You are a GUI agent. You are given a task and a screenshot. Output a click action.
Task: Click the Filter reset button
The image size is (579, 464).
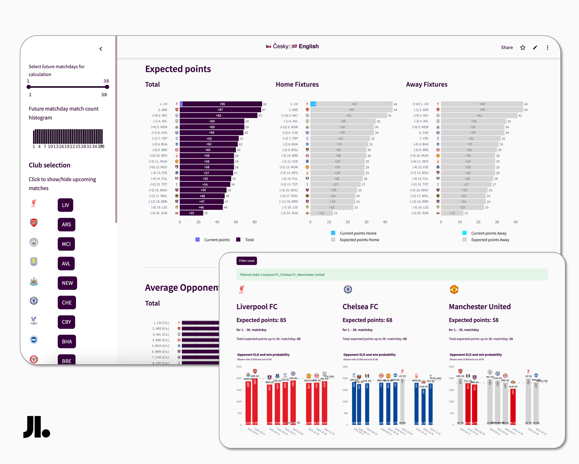tap(246, 261)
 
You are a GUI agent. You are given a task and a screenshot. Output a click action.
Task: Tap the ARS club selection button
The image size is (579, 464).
tap(66, 225)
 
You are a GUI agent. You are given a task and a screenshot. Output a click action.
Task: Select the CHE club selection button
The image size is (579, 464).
tap(67, 303)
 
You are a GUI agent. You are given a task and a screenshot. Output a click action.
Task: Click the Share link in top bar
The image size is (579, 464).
tap(507, 48)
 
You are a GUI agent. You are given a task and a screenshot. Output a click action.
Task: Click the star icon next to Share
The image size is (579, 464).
tap(523, 48)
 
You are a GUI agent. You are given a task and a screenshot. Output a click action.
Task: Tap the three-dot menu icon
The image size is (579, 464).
tap(548, 48)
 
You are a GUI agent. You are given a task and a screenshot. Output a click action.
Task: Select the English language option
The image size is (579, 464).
tap(308, 46)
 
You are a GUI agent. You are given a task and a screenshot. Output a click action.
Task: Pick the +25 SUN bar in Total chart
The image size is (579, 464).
tap(191, 213)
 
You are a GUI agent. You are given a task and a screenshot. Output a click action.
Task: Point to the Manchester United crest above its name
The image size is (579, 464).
tap(454, 290)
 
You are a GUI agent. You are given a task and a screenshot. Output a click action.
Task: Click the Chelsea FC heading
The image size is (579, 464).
tap(360, 307)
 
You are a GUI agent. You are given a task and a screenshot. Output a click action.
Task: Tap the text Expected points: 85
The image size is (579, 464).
tap(261, 320)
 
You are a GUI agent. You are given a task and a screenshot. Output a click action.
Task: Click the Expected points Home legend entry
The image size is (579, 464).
tap(359, 240)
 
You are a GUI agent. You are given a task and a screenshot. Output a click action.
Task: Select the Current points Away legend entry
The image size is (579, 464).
tap(489, 233)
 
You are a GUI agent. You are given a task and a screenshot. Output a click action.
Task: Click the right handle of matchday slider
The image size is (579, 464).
tap(107, 87)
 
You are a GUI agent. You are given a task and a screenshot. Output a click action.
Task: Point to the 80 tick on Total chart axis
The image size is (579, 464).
tap(254, 222)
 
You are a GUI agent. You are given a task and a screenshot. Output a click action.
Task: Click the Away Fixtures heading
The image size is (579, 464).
tap(427, 84)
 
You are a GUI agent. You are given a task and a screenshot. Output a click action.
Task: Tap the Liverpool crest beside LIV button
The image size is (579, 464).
tap(34, 204)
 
